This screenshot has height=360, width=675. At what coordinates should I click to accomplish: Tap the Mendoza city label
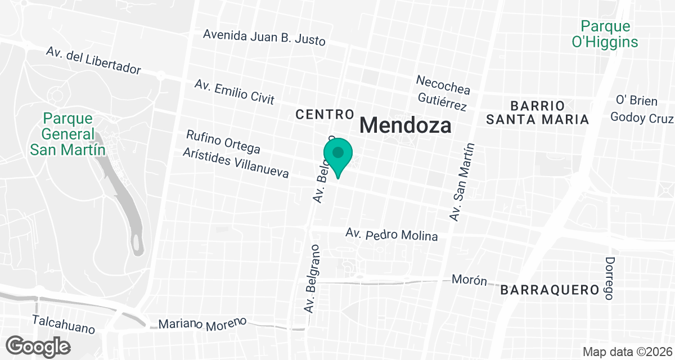[405, 124]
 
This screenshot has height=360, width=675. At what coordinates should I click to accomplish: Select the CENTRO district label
[325, 115]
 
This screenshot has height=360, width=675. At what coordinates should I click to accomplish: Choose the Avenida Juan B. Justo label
[264, 37]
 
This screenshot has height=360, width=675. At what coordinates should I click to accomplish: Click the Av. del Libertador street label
[93, 61]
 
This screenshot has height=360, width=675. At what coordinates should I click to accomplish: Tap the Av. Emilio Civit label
[234, 92]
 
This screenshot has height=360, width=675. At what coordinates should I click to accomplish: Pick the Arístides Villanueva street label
[236, 163]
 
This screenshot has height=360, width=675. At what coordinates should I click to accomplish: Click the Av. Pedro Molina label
[391, 234]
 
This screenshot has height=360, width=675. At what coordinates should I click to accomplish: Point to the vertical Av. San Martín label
[462, 182]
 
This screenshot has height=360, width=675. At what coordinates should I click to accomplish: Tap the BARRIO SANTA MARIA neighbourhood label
[537, 112]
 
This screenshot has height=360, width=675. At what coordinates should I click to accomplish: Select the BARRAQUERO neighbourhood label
[548, 290]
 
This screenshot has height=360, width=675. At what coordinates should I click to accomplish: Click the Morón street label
[469, 280]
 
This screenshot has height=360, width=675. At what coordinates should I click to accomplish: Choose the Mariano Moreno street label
[202, 324]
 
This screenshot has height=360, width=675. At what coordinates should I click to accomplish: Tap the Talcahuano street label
[63, 324]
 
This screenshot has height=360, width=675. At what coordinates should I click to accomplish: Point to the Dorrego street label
[610, 278]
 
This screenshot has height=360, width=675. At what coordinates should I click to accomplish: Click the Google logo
[39, 345]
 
